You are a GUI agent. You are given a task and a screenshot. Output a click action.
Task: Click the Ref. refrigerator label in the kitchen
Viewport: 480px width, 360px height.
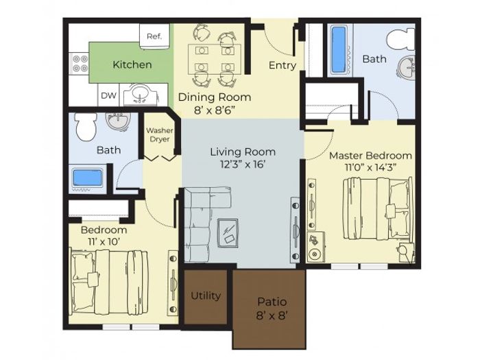pos(154,36)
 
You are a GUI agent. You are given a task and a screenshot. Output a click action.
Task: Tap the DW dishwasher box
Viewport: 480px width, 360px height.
pos(108,95)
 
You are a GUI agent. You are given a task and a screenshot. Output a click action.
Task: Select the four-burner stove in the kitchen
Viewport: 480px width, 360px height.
pos(80,63)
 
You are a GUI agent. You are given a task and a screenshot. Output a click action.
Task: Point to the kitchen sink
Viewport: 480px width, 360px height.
pos(141,95)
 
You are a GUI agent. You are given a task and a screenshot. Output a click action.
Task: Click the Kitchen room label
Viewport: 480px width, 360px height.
pos(132,64)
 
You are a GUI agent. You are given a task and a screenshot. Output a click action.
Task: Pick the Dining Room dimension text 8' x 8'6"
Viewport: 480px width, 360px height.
pos(215,110)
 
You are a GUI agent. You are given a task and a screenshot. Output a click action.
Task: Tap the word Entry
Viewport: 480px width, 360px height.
pos(283,65)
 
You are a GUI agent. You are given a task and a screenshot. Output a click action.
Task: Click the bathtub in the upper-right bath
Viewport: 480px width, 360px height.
pos(339,50)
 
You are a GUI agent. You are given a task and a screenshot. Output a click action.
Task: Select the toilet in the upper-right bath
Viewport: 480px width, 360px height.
pos(400,40)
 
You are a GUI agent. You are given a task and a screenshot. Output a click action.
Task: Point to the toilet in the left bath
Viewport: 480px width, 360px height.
pos(86,125)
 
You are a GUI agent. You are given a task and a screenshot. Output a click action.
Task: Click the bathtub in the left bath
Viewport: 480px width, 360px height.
pos(88,179)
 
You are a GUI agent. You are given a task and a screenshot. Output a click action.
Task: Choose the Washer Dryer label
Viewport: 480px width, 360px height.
pos(160,134)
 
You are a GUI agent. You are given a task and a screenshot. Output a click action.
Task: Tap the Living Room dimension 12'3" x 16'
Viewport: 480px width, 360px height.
pos(243,165)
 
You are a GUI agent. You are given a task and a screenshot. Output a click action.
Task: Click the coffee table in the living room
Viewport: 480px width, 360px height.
pos(228,232)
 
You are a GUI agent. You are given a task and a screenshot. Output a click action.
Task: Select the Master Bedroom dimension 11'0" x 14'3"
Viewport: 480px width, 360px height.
pos(371,167)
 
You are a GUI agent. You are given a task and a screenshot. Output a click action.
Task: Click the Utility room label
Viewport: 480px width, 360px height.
pos(206,296)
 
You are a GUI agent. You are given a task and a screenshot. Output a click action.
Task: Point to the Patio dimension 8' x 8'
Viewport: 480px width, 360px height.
pos(272,315)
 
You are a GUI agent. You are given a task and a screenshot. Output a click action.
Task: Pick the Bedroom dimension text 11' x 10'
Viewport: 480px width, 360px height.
pos(104,242)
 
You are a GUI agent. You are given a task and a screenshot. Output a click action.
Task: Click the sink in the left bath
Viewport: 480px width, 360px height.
pos(119,121)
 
